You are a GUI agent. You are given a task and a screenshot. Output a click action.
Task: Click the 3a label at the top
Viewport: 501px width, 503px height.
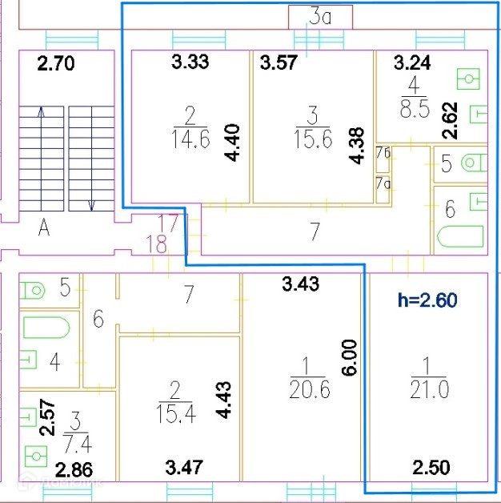pos(320,17)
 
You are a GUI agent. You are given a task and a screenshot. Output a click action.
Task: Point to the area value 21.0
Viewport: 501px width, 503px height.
pos(430,389)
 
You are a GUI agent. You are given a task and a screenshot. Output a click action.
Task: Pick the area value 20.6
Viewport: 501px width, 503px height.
pos(307,389)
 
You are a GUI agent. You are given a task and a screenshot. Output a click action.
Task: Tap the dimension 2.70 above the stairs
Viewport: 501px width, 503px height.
pos(56,63)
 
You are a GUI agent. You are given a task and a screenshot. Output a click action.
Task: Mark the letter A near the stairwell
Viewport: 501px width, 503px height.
pos(44,229)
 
